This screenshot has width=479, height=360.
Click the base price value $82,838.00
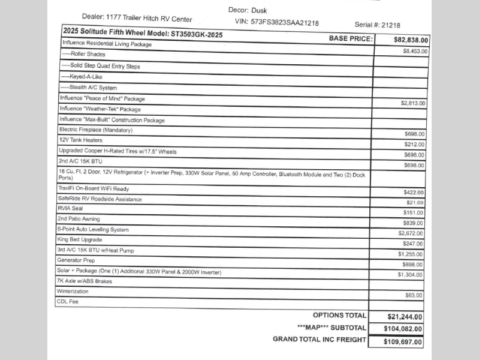(x=411, y=40)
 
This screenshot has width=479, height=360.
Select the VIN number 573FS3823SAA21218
(x=285, y=23)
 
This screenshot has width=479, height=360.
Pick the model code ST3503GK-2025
(x=196, y=35)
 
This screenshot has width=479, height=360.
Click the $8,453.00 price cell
(x=415, y=52)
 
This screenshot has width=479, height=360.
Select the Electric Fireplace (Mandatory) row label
(x=96, y=130)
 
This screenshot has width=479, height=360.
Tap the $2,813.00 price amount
(x=413, y=103)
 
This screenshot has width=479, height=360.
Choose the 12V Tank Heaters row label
(x=80, y=140)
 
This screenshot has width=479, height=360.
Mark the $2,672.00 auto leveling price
(x=411, y=233)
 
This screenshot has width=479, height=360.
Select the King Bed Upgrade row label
(x=80, y=239)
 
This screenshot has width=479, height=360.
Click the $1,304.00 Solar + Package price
(x=411, y=274)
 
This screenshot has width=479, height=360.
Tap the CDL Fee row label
(x=67, y=302)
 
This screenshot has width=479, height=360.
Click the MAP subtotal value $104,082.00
(x=403, y=329)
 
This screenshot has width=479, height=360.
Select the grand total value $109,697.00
(x=403, y=342)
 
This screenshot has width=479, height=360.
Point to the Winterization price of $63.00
(x=414, y=296)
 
